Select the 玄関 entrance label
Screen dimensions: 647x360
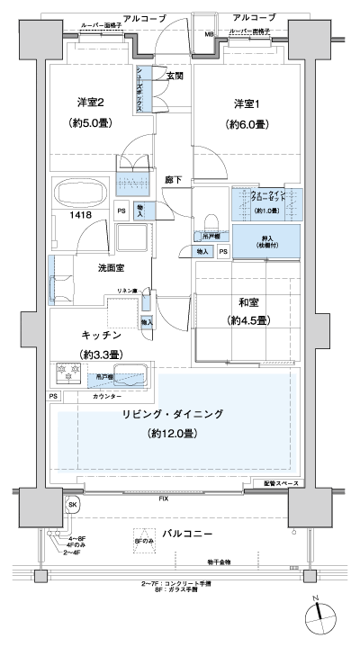[x=175, y=76]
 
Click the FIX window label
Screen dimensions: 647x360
[x=163, y=498]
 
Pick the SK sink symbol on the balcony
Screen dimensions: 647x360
[x=72, y=507]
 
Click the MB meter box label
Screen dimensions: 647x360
[x=209, y=35]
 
